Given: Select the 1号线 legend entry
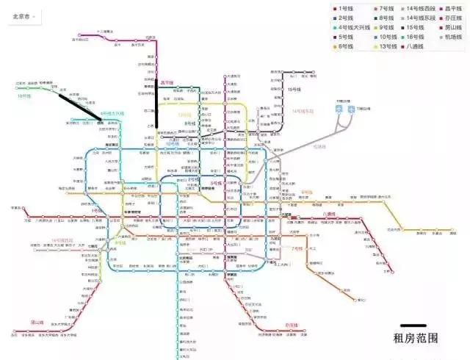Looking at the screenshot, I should click(344, 8).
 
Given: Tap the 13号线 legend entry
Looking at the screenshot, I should click(383, 46).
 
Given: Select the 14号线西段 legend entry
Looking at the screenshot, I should click(424, 8).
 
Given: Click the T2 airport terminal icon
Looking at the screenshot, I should click(339, 108).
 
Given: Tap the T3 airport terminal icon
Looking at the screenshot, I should click(351, 108).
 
